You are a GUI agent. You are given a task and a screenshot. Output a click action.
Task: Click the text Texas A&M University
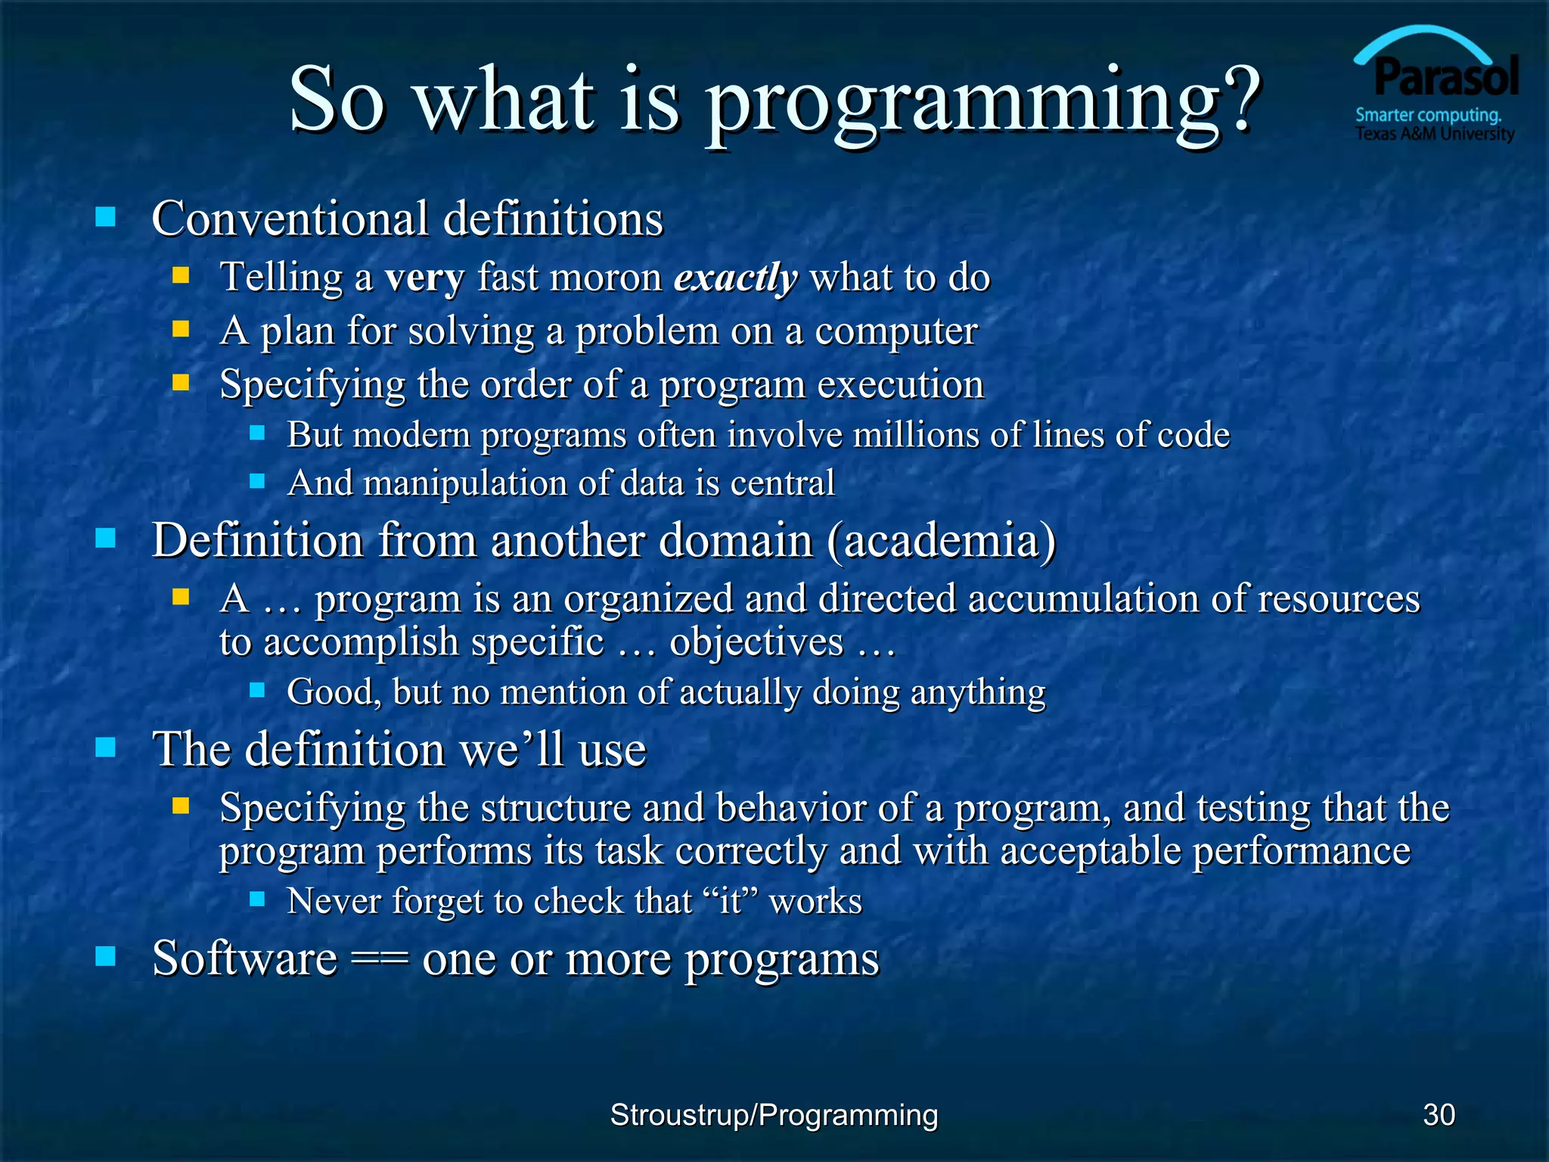click(x=1434, y=135)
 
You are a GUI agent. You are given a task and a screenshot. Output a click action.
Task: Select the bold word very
click(x=424, y=278)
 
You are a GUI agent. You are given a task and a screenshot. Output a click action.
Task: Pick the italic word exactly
click(x=735, y=278)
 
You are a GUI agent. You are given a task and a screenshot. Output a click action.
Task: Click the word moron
click(x=605, y=278)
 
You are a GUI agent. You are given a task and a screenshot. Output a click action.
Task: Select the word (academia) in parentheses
click(x=941, y=542)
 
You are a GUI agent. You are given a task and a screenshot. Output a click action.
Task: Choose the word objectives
click(x=756, y=643)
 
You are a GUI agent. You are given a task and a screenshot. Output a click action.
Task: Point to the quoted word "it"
click(x=731, y=902)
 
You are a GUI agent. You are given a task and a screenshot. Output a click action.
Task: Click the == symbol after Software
click(x=379, y=959)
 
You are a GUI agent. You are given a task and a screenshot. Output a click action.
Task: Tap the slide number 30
click(x=1439, y=1115)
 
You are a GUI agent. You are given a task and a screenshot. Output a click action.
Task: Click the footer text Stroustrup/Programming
click(x=774, y=1115)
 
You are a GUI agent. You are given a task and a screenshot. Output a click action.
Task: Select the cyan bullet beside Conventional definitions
click(x=106, y=218)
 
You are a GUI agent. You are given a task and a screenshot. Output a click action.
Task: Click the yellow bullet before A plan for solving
click(x=180, y=329)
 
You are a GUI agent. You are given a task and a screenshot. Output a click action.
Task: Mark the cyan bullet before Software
click(x=106, y=957)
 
